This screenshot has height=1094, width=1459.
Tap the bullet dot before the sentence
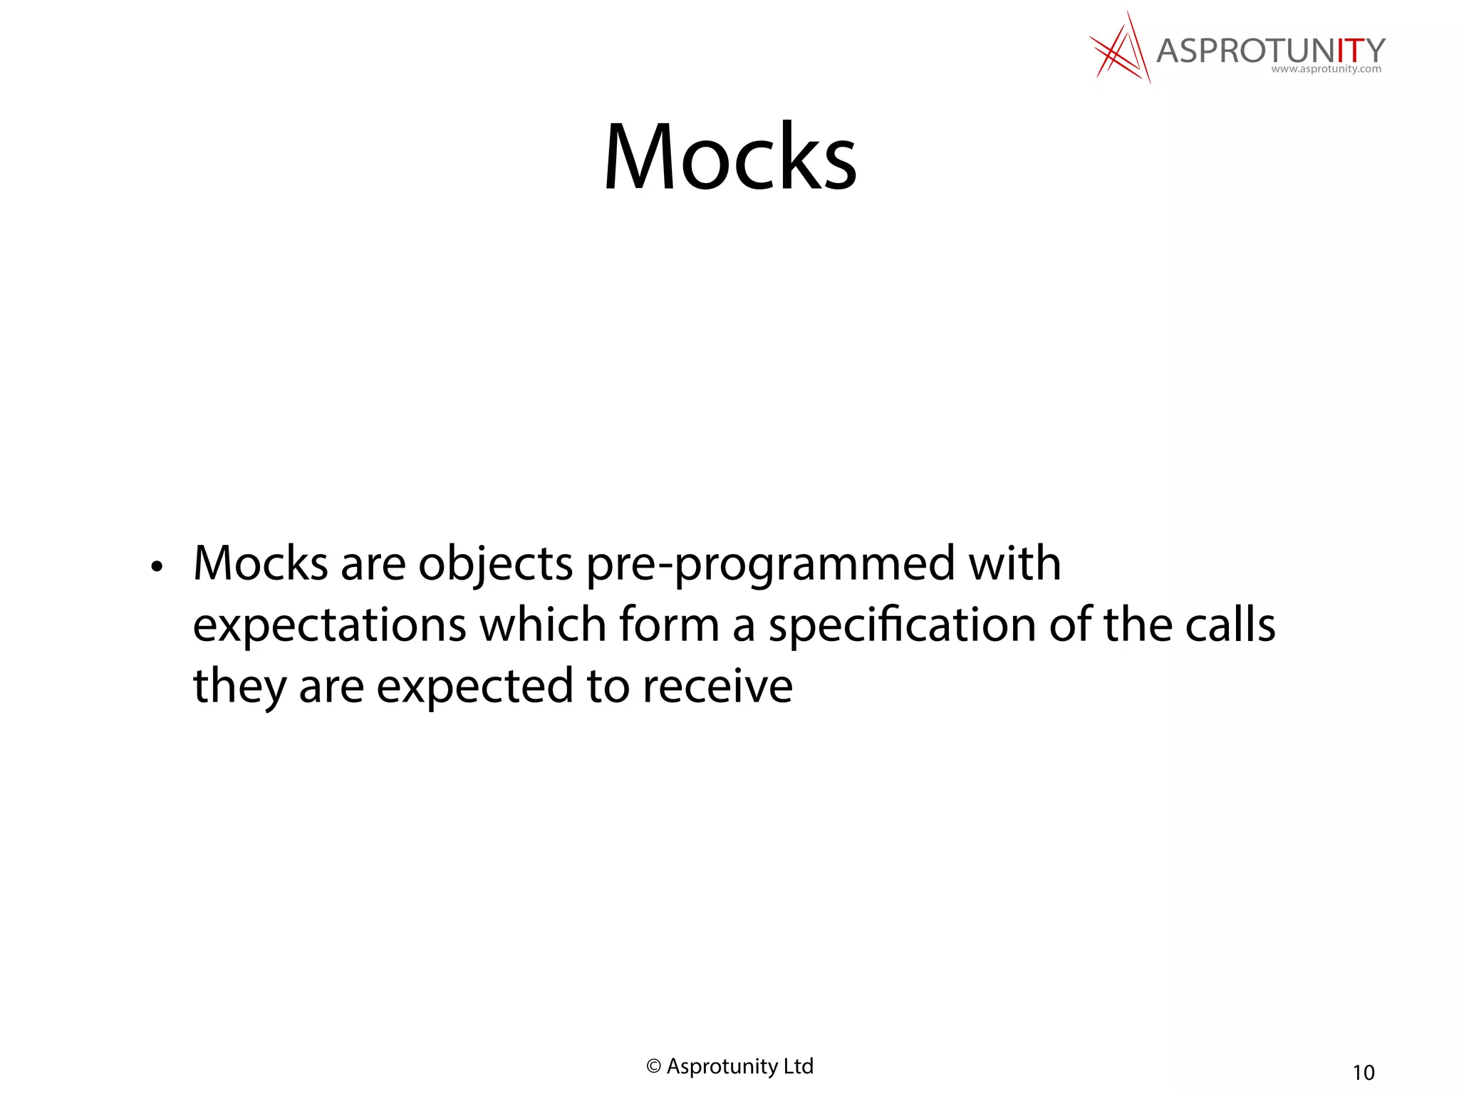[x=157, y=568]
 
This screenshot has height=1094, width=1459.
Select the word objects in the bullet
[x=495, y=564]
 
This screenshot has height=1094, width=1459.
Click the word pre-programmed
[x=770, y=564]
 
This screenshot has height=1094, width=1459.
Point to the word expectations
[x=329, y=626]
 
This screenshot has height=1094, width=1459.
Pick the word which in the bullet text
[x=541, y=625]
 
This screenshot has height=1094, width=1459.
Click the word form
[x=669, y=625]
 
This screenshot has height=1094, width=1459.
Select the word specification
[x=902, y=626]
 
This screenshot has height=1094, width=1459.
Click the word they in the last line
[x=239, y=687]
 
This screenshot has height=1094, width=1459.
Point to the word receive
[x=717, y=687]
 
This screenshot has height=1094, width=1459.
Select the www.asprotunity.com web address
[x=1326, y=70]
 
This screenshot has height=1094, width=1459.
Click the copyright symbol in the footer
[x=653, y=1066]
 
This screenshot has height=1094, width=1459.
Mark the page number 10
[x=1364, y=1073]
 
